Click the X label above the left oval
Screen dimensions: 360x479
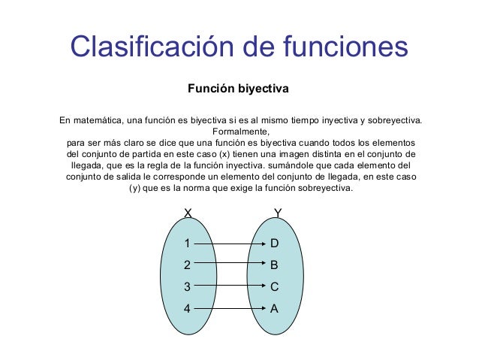[188, 213]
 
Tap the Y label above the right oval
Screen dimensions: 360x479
[278, 213]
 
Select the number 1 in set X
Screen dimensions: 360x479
[188, 244]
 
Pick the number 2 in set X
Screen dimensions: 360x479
[188, 265]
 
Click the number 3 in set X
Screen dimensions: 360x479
[188, 286]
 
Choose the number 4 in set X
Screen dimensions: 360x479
[188, 308]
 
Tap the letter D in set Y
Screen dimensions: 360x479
[275, 244]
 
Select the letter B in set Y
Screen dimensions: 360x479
[275, 265]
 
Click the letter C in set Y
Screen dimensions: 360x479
[275, 286]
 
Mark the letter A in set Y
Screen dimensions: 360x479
[275, 308]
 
